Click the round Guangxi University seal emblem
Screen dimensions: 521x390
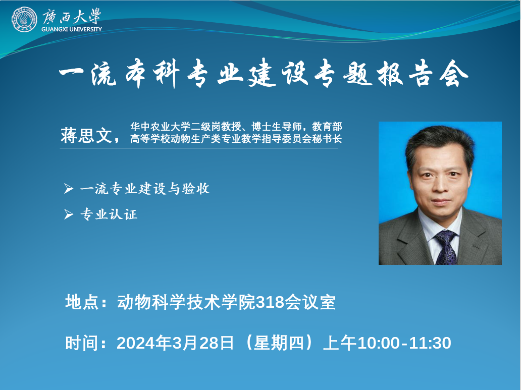(24, 19)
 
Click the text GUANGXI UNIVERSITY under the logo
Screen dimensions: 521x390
(72, 29)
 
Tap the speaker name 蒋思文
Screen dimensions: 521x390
(86, 135)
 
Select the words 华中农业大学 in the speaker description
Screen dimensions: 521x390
(161, 126)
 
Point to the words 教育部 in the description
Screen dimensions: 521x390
(327, 126)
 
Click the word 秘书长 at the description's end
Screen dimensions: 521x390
(327, 139)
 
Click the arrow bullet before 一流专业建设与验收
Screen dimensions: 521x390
(69, 188)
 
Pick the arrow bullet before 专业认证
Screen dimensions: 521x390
(69, 214)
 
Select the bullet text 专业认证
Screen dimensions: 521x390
(109, 214)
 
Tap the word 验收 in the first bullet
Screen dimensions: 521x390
(196, 188)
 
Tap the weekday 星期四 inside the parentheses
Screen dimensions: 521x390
(279, 343)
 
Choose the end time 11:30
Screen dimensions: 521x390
(430, 343)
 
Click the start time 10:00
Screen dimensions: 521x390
(378, 343)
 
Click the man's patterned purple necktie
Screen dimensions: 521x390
(446, 247)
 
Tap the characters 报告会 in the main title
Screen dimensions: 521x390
(423, 74)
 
